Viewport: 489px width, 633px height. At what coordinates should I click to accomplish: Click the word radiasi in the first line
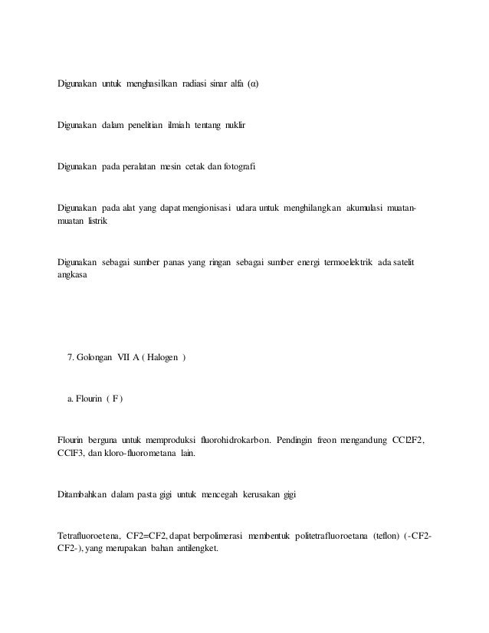coord(199,82)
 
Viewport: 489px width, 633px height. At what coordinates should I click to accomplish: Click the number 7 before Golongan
coord(71,358)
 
